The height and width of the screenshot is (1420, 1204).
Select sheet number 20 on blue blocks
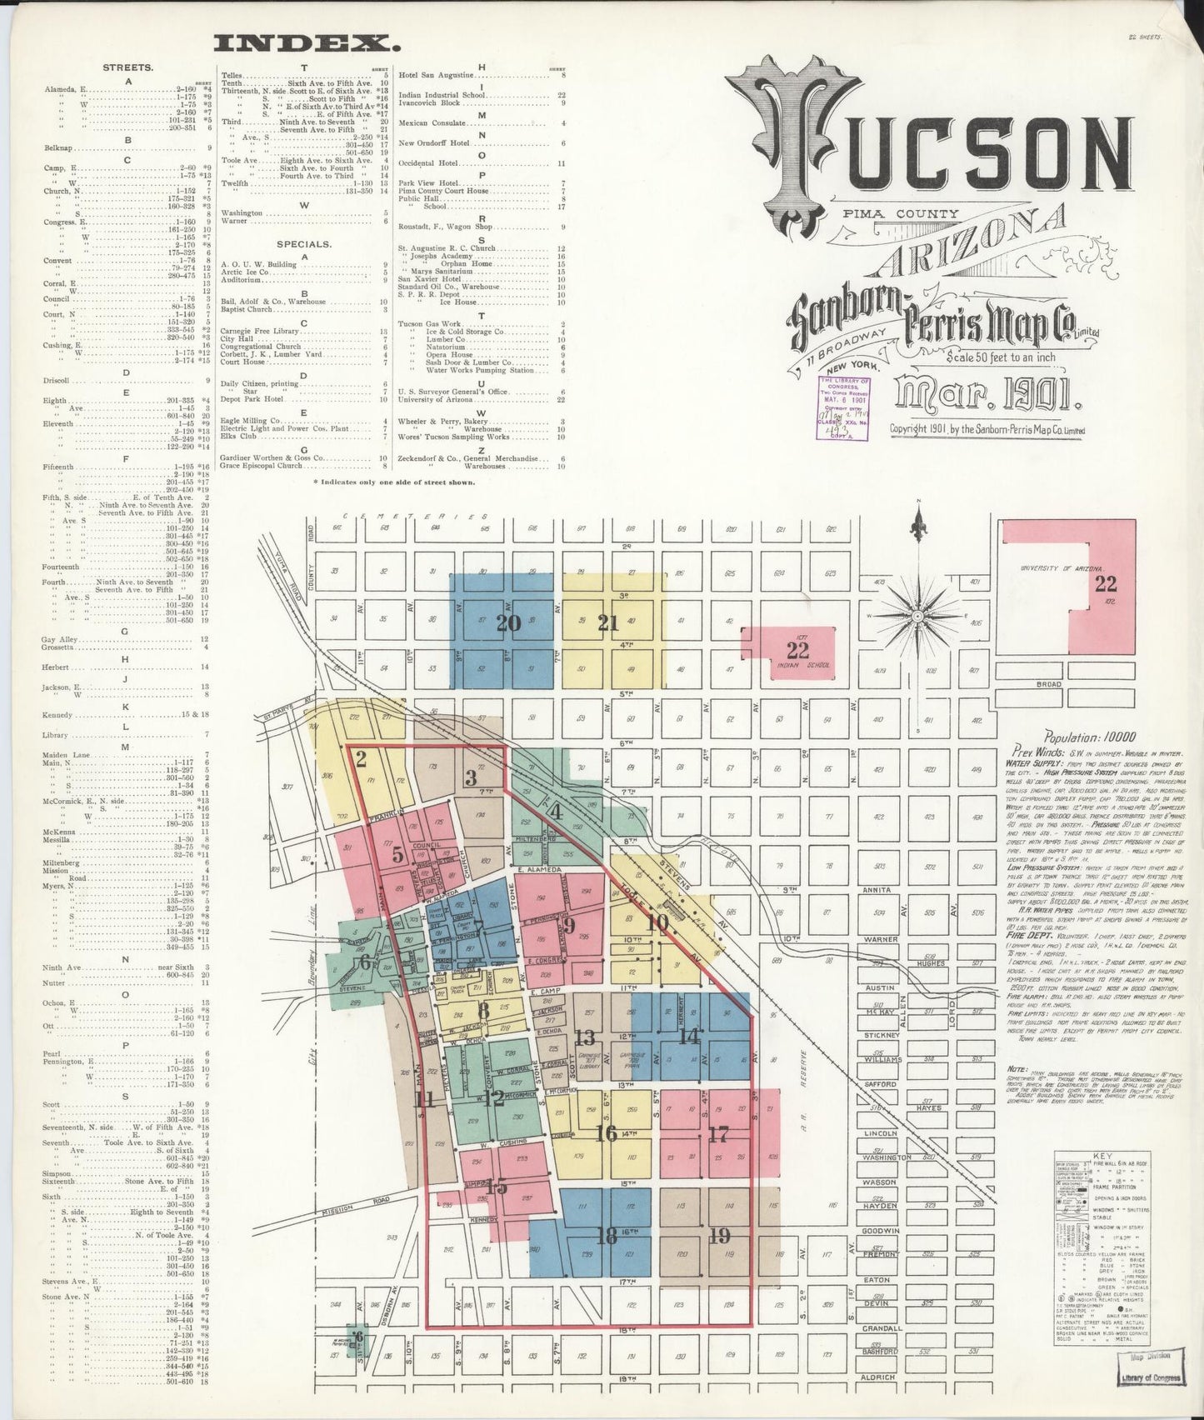(x=508, y=622)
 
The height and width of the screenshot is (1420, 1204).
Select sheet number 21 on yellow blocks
(x=608, y=622)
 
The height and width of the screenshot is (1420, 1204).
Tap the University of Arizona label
(x=1045, y=568)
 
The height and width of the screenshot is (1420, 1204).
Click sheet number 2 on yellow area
(x=361, y=758)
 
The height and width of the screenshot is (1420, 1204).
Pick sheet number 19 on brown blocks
(x=719, y=1236)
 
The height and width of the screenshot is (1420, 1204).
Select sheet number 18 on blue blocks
(x=607, y=1236)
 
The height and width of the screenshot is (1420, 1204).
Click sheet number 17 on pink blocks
(x=718, y=1133)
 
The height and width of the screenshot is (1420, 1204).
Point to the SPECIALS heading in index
(x=304, y=245)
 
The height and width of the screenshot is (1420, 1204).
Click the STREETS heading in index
(x=127, y=67)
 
